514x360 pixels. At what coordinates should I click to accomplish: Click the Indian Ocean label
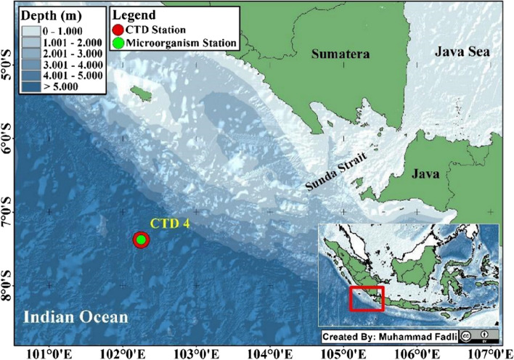(x=74, y=317)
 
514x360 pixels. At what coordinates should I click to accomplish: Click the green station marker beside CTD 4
(x=142, y=240)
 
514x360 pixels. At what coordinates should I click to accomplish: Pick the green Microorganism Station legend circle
(x=118, y=45)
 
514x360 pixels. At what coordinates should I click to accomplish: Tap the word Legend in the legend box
(x=139, y=15)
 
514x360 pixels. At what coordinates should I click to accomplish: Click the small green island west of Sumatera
(x=135, y=94)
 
